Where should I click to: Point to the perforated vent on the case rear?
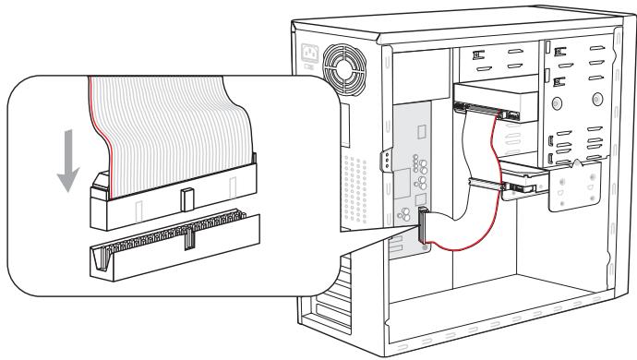[356, 175]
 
